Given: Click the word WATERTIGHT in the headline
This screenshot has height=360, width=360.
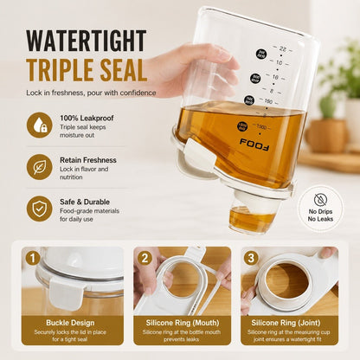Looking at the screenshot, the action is point(87,41).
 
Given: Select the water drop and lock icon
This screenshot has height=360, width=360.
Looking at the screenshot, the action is point(40,125).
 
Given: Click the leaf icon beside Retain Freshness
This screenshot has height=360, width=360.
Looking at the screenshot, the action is point(40,167).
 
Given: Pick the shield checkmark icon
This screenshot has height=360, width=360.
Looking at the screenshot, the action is point(40,209).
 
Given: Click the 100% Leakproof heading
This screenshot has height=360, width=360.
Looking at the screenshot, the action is point(87,118).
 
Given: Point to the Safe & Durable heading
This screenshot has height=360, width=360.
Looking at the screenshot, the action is point(85,202).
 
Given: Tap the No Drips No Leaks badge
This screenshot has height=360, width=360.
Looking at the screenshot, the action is point(320,209).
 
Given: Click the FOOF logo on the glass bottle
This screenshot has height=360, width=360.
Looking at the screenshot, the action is point(254,145).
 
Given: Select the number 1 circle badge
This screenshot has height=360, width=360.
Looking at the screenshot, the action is point(32,258).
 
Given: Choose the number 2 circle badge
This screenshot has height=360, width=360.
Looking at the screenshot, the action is point(145,258).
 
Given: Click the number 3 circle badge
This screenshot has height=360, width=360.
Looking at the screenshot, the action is point(251,258).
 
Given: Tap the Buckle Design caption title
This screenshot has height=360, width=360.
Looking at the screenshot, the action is point(70,323).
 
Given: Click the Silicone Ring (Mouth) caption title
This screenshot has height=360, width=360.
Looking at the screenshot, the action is point(183,323).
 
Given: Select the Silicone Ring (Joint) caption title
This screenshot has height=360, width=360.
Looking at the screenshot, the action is point(286,323).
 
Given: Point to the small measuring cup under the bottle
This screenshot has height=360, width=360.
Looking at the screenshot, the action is point(252,214).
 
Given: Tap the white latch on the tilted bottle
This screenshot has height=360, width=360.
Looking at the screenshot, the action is point(200,155).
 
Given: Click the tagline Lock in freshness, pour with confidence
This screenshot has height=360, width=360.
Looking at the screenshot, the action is point(91,93).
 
